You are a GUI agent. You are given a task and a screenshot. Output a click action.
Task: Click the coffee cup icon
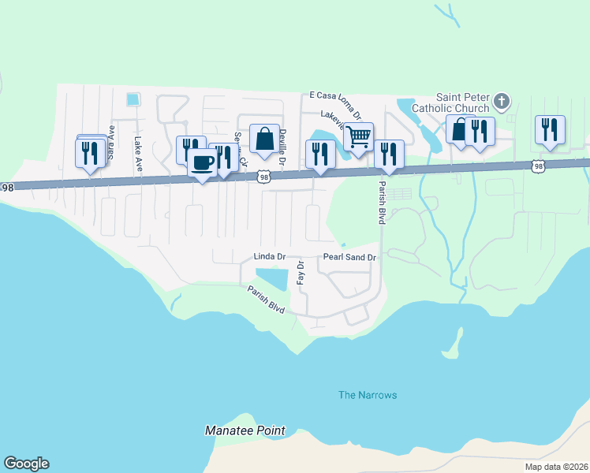click(203, 162)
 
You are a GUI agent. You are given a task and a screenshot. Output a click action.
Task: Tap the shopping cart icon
click(359, 136)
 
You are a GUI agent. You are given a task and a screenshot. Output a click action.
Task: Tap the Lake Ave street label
click(138, 154)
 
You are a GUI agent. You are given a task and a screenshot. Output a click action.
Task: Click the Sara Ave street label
click(111, 140)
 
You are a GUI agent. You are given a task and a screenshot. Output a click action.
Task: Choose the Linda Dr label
click(268, 257)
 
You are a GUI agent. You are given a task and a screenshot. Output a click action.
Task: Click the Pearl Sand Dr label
click(351, 257)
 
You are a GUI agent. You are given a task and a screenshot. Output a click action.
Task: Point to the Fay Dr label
click(301, 274)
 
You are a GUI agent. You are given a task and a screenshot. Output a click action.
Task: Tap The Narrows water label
click(368, 395)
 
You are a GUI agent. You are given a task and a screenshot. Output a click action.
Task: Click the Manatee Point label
click(245, 431)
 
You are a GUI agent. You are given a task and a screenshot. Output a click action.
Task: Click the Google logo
click(26, 464)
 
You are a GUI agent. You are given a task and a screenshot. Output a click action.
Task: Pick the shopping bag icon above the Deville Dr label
click(264, 140)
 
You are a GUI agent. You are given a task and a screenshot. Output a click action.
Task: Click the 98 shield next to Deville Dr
click(264, 177)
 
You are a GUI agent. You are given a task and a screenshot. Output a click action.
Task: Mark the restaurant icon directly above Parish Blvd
click(388, 155)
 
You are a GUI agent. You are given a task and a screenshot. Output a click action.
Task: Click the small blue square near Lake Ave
click(133, 99)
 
